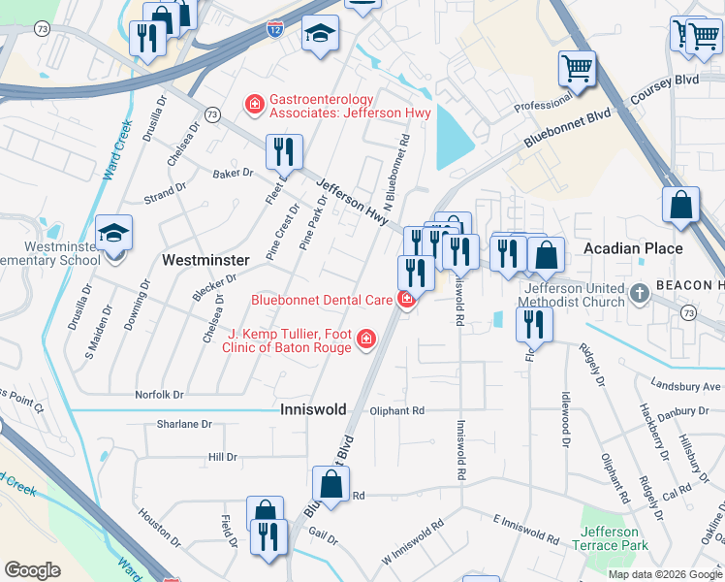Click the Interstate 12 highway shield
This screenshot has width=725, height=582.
coord(276,30)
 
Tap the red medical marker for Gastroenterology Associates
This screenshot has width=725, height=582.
coord(255,103)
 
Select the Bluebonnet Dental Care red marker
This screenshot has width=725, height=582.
coord(407,300)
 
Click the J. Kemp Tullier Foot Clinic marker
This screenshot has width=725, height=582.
coord(365,339)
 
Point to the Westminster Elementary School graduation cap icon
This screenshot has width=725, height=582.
coord(114,233)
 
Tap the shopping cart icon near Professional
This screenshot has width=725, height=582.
coord(577,68)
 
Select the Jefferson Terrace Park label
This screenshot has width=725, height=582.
coord(611,538)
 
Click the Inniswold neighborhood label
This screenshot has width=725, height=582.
coord(313,410)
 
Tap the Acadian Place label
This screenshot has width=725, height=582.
coord(633,248)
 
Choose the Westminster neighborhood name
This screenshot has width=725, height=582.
coord(205,260)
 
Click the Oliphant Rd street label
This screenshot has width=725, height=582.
coord(397,411)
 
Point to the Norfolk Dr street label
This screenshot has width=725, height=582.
coord(159,395)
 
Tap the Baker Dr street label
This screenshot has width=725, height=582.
coord(233,174)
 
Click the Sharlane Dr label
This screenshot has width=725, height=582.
coord(184,425)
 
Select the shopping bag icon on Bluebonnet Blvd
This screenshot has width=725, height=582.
coord(331,485)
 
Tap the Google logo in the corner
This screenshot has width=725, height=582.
coord(32,570)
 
